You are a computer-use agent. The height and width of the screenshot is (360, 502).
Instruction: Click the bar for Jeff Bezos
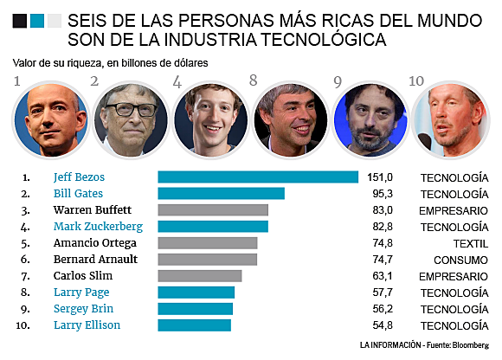[258, 177]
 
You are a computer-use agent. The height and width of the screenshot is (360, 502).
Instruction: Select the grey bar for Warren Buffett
[213, 210]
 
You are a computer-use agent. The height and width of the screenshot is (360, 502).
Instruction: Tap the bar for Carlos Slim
[199, 276]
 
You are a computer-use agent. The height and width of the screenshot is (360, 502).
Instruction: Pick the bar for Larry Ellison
[194, 325]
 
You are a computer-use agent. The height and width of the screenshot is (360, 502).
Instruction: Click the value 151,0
[381, 177]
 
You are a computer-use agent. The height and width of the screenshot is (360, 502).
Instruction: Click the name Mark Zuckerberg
[98, 227]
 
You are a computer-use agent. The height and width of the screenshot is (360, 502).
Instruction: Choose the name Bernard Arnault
[95, 260]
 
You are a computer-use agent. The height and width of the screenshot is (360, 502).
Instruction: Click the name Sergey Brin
[83, 309]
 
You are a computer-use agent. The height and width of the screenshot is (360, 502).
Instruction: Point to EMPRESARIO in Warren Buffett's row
[454, 210]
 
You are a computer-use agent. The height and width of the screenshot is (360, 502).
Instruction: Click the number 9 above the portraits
[337, 82]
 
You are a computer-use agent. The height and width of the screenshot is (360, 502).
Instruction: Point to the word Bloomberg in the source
[468, 345]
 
